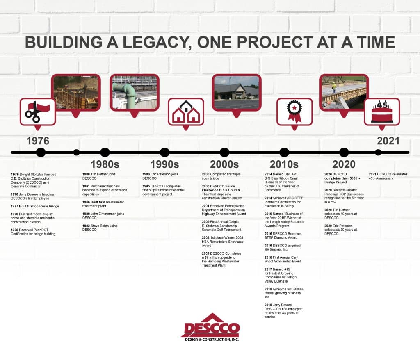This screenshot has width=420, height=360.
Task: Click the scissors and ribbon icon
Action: click(37, 112)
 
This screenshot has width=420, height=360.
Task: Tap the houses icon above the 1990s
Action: click(186, 112)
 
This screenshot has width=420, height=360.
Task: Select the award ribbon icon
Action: click(294, 112)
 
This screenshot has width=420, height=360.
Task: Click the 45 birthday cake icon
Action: click(382, 112)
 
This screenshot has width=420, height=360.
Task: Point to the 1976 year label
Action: click(38, 141)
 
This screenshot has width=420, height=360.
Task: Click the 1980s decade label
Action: click(105, 164)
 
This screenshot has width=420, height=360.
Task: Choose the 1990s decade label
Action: click(164, 164)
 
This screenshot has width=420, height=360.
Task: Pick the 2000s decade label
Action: click(224, 164)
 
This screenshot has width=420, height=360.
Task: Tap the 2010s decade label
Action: click(284, 164)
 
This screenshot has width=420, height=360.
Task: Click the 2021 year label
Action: click(388, 141)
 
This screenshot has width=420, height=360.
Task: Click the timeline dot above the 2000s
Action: click(224, 153)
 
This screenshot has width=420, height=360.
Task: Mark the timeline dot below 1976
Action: click(41, 153)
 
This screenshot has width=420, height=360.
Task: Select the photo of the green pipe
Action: click(134, 93)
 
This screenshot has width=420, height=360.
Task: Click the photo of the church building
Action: click(237, 92)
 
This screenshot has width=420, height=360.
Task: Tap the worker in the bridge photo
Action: click(334, 87)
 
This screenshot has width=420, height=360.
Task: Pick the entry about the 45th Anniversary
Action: click(388, 176)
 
